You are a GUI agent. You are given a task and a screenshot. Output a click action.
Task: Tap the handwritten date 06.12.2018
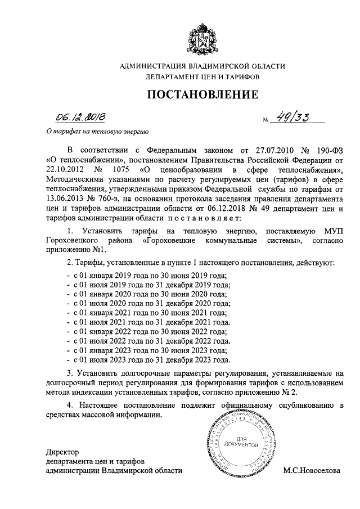point(79,118)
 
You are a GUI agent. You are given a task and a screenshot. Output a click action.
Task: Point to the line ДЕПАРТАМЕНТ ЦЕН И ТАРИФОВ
point(202,77)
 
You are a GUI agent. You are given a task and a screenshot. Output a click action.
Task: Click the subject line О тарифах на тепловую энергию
point(96,133)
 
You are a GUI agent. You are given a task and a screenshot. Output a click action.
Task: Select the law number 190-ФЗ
point(326,150)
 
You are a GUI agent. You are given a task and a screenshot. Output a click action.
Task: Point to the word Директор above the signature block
point(63,452)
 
